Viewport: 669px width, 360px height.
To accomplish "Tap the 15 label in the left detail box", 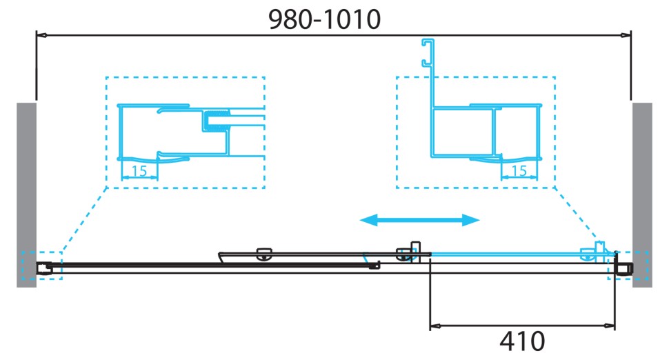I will pyautogui.click(x=139, y=172).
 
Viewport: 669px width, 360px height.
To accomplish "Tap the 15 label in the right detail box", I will pyautogui.click(x=519, y=170).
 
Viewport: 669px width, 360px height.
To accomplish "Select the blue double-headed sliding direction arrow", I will pyautogui.click(x=420, y=220).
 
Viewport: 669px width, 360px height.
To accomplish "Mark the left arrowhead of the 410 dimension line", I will pyautogui.click(x=435, y=325).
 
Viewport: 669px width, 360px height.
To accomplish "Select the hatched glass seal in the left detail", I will pyautogui.click(x=216, y=121).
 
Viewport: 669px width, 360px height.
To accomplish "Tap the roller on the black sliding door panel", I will pyautogui.click(x=263, y=254).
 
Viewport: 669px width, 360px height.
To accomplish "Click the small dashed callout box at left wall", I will pyautogui.click(x=41, y=266).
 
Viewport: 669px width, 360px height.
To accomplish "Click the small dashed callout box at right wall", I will pyautogui.click(x=628, y=266).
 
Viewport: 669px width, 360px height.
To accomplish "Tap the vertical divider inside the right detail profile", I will pyautogui.click(x=493, y=131).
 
